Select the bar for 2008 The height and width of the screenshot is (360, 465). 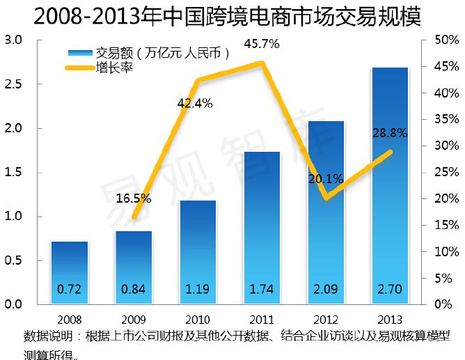tap(70, 272)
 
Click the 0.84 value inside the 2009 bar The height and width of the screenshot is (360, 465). tap(134, 289)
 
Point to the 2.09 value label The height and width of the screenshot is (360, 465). tap(326, 289)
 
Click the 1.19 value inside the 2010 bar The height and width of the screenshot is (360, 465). tap(198, 289)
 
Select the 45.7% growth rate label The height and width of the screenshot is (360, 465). tap(262, 45)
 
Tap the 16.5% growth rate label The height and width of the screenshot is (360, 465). tap(134, 198)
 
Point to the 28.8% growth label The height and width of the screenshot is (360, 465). tap(390, 132)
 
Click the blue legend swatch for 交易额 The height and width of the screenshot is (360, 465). tap(81, 54)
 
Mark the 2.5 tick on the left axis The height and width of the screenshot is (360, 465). tap(14, 84)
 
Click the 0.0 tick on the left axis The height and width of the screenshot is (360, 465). tap(14, 305)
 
